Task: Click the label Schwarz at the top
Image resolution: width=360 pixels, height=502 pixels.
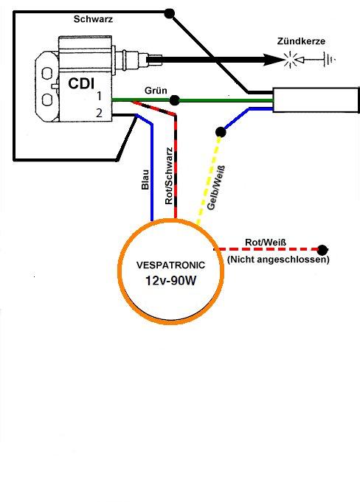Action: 93,19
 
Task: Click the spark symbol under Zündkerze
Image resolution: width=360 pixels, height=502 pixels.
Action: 290,60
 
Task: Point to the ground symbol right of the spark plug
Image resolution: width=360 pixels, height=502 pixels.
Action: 329,60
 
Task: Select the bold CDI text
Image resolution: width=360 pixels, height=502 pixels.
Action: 81,84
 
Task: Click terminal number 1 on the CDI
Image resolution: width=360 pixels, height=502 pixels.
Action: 100,96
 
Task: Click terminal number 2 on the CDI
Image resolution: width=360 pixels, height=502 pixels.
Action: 100,113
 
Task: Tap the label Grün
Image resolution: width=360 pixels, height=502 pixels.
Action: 156,91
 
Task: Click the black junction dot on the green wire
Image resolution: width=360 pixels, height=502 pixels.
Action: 174,100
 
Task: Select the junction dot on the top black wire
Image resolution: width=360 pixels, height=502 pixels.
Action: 169,13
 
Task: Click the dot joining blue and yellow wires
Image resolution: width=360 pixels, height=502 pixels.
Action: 221,132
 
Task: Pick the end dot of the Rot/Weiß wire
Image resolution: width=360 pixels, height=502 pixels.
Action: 322,249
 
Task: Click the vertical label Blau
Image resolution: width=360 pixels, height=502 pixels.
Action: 145,179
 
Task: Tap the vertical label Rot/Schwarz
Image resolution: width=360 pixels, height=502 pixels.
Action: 169,175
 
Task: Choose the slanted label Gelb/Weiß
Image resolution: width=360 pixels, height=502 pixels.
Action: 216,188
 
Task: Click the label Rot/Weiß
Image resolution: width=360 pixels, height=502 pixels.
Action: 266,243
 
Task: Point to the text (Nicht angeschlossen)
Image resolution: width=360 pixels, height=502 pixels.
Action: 278,259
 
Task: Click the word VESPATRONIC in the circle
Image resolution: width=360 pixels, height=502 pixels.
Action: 170,265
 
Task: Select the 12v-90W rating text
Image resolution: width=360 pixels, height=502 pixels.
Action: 170,281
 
